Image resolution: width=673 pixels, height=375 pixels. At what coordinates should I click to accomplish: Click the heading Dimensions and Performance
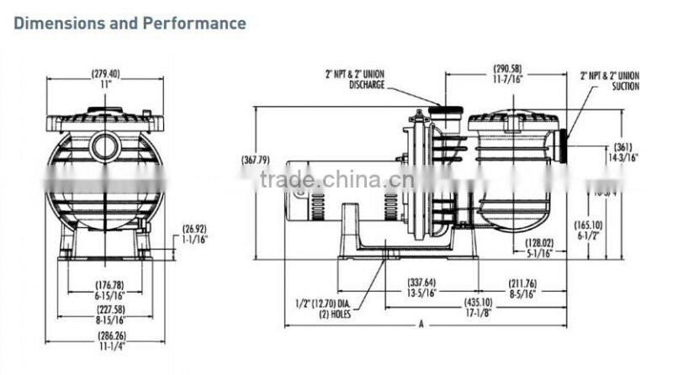point(130,23)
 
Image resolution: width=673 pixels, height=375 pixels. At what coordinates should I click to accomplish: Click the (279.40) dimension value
point(104,74)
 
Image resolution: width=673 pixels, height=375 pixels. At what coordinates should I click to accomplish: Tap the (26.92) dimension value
point(195,228)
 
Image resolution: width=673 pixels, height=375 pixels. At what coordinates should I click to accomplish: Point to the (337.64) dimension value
point(421,283)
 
